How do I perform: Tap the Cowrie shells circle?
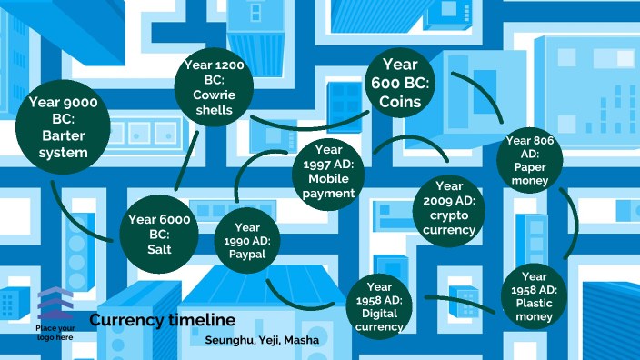tap(214, 87)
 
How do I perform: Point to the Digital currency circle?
tap(381, 305)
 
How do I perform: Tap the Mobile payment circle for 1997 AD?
tap(328, 174)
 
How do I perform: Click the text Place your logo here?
tap(55, 332)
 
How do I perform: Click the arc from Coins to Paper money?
tap(482, 95)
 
